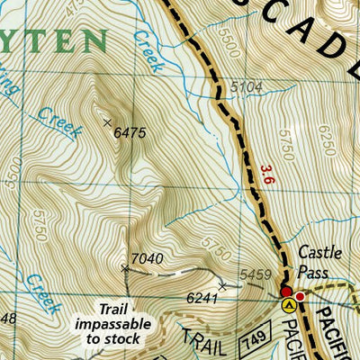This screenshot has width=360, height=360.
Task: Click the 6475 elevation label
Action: pyautogui.click(x=130, y=132)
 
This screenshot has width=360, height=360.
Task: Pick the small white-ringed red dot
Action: pyautogui.click(x=301, y=295)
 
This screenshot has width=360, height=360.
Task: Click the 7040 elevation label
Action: pyautogui.click(x=147, y=259)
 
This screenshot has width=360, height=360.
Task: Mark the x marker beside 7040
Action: pyautogui.click(x=125, y=267)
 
